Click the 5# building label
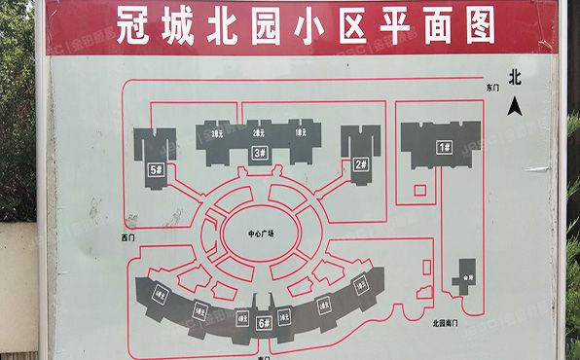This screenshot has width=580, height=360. coord(155,169)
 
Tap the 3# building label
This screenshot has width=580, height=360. coord(260,153)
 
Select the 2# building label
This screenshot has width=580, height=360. coord(360,164)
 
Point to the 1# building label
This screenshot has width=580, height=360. coord(445,147)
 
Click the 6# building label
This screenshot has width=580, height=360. coord(263,322)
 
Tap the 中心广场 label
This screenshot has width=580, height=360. coord(261,234)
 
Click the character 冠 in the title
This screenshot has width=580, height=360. coord(136,26)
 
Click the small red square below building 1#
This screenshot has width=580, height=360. coord(420,186)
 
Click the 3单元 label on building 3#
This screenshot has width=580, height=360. coord(217,132)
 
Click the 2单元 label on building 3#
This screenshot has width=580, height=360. coord(259,132)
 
